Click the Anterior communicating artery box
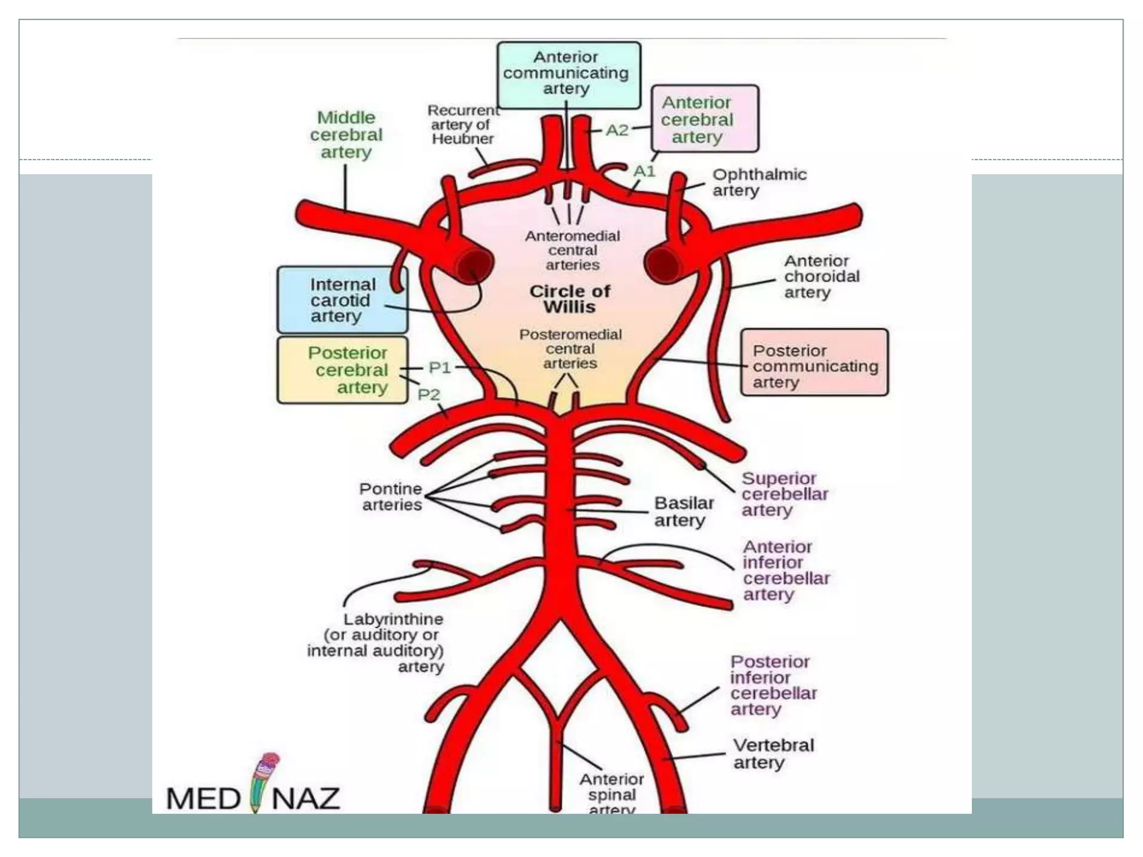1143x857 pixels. click(x=568, y=75)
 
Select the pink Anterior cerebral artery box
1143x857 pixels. click(x=704, y=119)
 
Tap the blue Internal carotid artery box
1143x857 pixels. click(x=342, y=300)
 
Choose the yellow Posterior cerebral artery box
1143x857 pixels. click(x=342, y=370)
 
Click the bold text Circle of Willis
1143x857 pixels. click(x=569, y=299)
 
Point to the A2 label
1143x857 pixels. click(x=617, y=130)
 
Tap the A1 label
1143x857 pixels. click(x=643, y=171)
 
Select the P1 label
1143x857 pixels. click(x=439, y=368)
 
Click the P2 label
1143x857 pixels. click(x=429, y=394)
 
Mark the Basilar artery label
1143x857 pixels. click(x=683, y=512)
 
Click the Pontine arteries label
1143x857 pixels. click(x=391, y=497)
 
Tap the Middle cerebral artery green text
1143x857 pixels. click(x=346, y=134)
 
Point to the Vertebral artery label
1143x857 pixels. click(x=772, y=753)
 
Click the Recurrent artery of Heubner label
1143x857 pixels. click(x=463, y=124)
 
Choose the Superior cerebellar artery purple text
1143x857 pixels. click(x=784, y=494)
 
